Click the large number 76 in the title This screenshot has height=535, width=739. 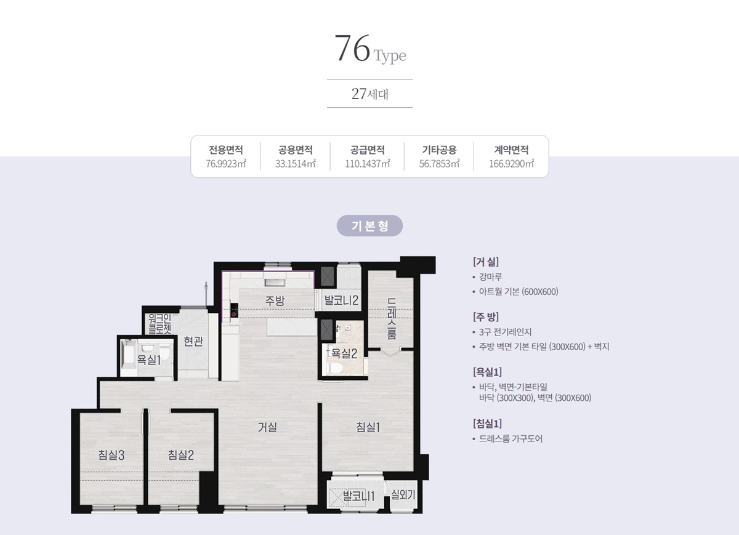pyautogui.click(x=352, y=48)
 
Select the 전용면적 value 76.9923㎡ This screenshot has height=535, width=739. pyautogui.click(x=226, y=164)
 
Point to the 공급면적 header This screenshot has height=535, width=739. pyautogui.click(x=367, y=150)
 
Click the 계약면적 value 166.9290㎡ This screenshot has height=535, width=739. pyautogui.click(x=511, y=164)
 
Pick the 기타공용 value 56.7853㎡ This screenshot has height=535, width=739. pyautogui.click(x=440, y=164)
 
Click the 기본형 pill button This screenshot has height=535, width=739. pyautogui.click(x=369, y=225)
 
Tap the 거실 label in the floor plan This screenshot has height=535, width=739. pyautogui.click(x=267, y=427)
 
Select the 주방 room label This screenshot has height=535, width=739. pyautogui.click(x=275, y=300)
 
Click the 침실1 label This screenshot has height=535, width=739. pyautogui.click(x=368, y=427)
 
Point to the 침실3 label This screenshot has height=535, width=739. pyautogui.click(x=111, y=455)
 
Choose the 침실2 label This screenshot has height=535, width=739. pyautogui.click(x=181, y=455)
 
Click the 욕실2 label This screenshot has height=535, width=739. pyautogui.click(x=344, y=353)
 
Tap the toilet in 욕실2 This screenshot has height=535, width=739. pyautogui.click(x=335, y=368)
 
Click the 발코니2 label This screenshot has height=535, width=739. pyautogui.click(x=341, y=300)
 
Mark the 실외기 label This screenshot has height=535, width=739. pyautogui.click(x=403, y=494)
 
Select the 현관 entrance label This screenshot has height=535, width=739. pyautogui.click(x=193, y=341)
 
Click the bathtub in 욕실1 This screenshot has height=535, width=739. pyautogui.click(x=129, y=357)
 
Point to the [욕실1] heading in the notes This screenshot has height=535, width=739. pyautogui.click(x=487, y=372)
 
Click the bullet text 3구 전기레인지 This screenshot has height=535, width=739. pyautogui.click(x=505, y=332)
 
